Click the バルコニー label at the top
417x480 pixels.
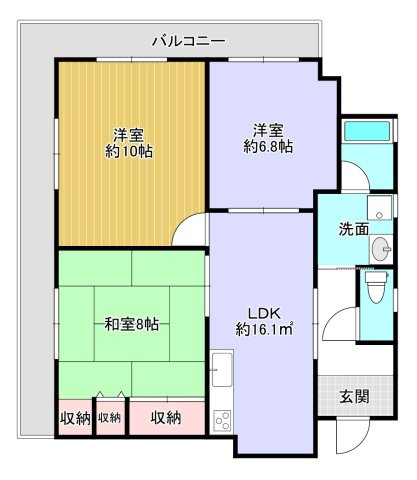tap(189, 41)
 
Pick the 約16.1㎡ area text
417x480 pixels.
tap(264, 327)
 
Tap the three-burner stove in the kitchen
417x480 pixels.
tap(221, 418)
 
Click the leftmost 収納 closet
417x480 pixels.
tap(75, 417)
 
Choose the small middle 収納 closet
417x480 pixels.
tap(110, 417)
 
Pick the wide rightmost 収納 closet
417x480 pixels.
tap(166, 416)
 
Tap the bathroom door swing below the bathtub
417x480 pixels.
tap(356, 178)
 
